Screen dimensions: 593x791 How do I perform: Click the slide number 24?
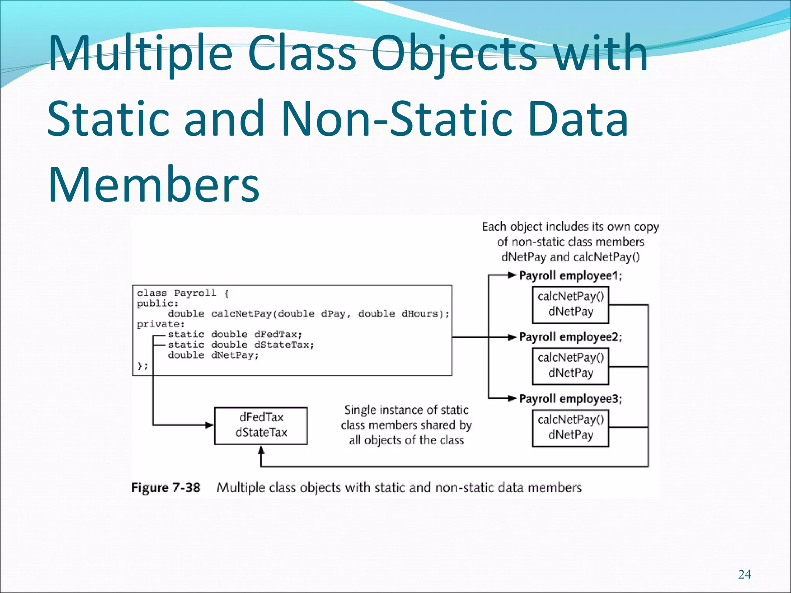point(744,574)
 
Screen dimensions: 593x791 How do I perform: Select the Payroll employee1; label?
point(570,276)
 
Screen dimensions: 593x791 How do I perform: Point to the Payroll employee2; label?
point(570,337)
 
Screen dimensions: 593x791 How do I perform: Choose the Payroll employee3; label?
point(570,399)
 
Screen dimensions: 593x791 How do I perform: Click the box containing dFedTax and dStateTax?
point(261,425)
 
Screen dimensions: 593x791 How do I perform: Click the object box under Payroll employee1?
point(570,305)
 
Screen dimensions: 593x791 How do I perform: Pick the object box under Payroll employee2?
point(570,366)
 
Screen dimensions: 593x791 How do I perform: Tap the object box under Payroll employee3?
point(570,427)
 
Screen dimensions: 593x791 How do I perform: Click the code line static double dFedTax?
point(235,334)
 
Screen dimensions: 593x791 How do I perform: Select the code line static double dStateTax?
point(241,345)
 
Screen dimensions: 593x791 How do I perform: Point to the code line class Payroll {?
point(183,293)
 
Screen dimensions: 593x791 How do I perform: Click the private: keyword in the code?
point(161,324)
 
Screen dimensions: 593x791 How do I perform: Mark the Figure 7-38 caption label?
point(166,488)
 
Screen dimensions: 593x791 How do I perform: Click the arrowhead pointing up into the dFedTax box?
point(261,450)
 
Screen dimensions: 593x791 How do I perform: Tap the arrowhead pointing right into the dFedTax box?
point(210,425)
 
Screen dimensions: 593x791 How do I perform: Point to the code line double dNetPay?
point(213,355)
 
